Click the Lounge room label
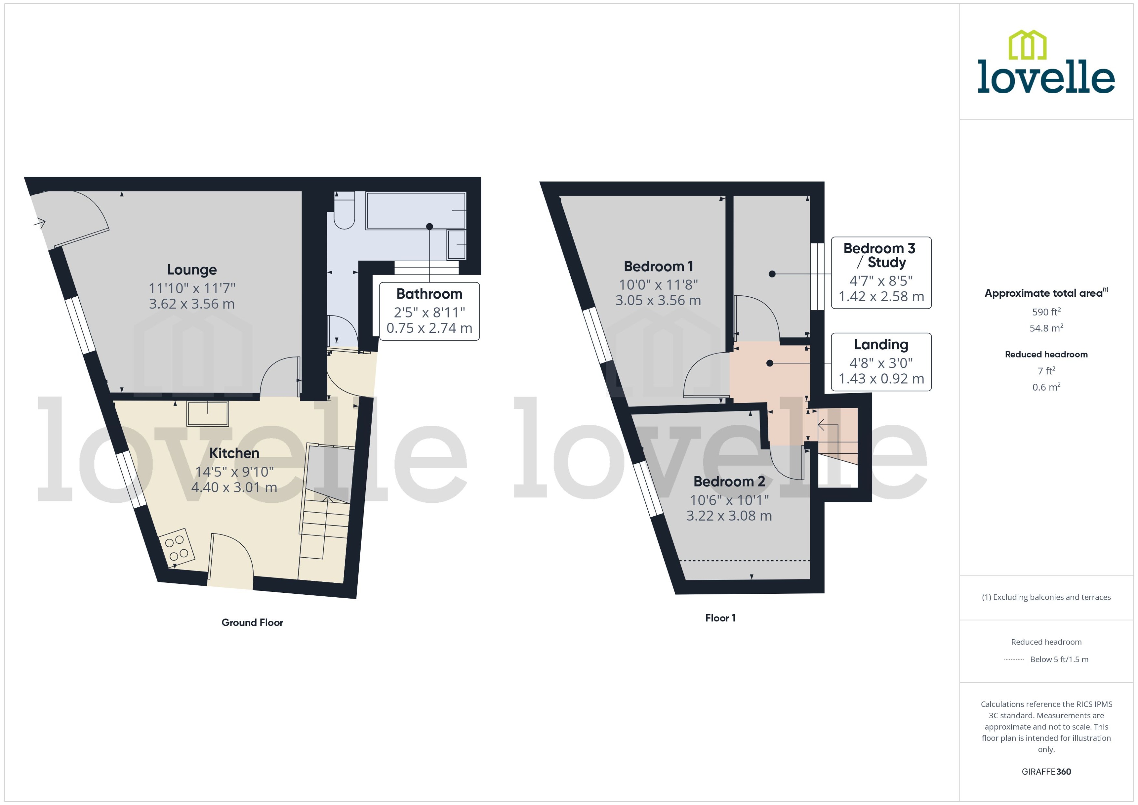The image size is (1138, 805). pyautogui.click(x=192, y=270)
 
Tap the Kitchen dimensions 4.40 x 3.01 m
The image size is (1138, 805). pyautogui.click(x=234, y=487)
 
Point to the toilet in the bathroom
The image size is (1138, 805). pyautogui.click(x=344, y=213)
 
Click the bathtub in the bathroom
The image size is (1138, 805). pyautogui.click(x=416, y=211)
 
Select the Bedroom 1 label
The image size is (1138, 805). pyautogui.click(x=658, y=267)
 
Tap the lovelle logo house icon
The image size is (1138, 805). pyautogui.click(x=1027, y=45)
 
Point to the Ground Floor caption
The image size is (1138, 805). pyautogui.click(x=252, y=623)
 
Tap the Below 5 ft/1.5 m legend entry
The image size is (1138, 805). pyautogui.click(x=1059, y=660)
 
